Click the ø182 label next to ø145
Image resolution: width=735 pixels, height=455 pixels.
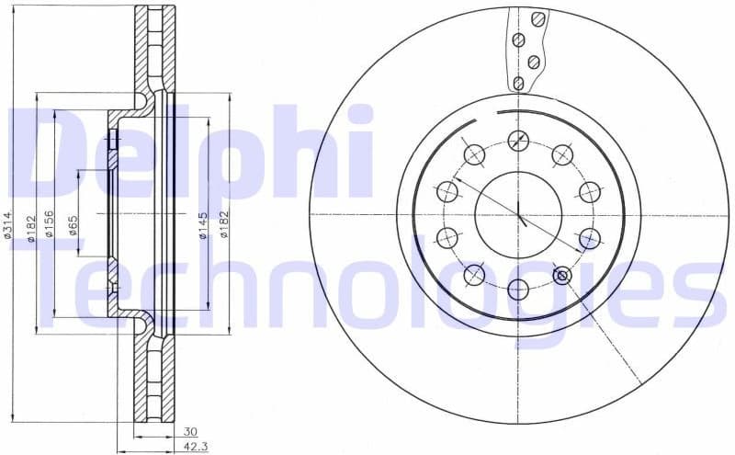(223, 226)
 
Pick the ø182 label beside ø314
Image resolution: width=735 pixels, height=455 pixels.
(30, 226)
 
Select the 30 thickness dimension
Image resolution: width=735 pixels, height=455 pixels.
(190, 430)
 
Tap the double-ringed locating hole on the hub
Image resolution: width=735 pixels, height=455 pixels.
(562, 275)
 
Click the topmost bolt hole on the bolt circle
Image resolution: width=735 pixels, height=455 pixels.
(518, 141)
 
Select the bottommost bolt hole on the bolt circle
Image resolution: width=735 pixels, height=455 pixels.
(518, 289)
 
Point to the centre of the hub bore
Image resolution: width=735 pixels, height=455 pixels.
(518, 214)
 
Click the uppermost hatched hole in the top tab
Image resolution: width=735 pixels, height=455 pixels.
(539, 17)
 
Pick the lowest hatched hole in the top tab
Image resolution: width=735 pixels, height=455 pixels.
(518, 84)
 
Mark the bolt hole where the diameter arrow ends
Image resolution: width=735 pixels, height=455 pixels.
(589, 238)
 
